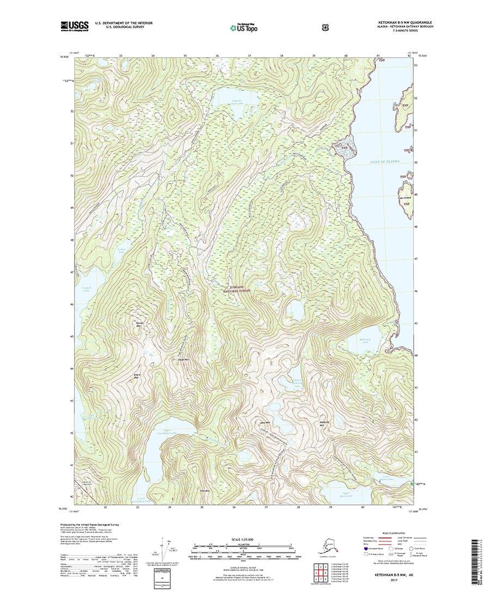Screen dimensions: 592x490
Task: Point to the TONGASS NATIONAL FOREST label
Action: click(x=238, y=289)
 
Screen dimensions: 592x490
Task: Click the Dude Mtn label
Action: click(x=183, y=360)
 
